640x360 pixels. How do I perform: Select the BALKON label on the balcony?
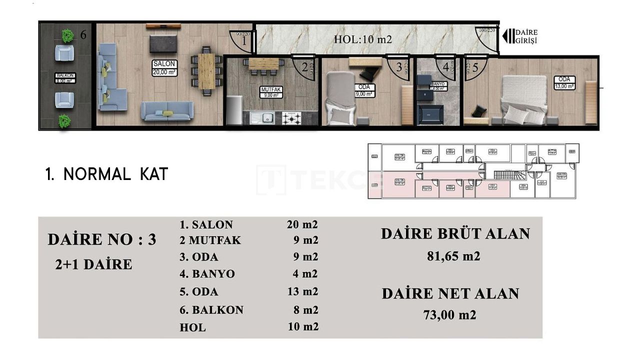(x=65, y=77)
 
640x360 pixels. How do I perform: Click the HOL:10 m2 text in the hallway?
(x=363, y=39)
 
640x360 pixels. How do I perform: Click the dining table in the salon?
(x=206, y=71)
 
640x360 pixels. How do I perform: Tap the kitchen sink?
(x=266, y=118)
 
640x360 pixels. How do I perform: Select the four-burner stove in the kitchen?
(x=291, y=118)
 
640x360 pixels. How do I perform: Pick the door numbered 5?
(x=473, y=67)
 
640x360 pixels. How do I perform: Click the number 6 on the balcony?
(x=83, y=35)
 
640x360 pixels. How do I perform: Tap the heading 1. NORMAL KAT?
(x=106, y=174)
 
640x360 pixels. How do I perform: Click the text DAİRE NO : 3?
(x=102, y=239)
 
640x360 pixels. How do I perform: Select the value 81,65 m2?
(x=453, y=256)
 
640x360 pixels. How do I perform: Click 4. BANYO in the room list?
(x=206, y=274)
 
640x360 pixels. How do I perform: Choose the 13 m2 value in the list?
(x=306, y=291)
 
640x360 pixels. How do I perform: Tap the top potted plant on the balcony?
(x=67, y=35)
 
